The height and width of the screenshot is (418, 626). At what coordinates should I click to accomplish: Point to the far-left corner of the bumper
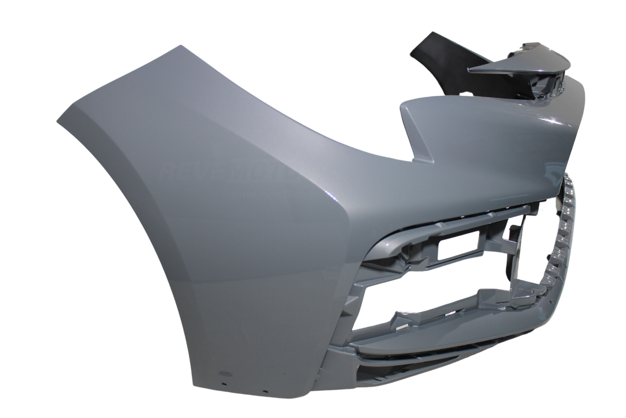click(x=58, y=120)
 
